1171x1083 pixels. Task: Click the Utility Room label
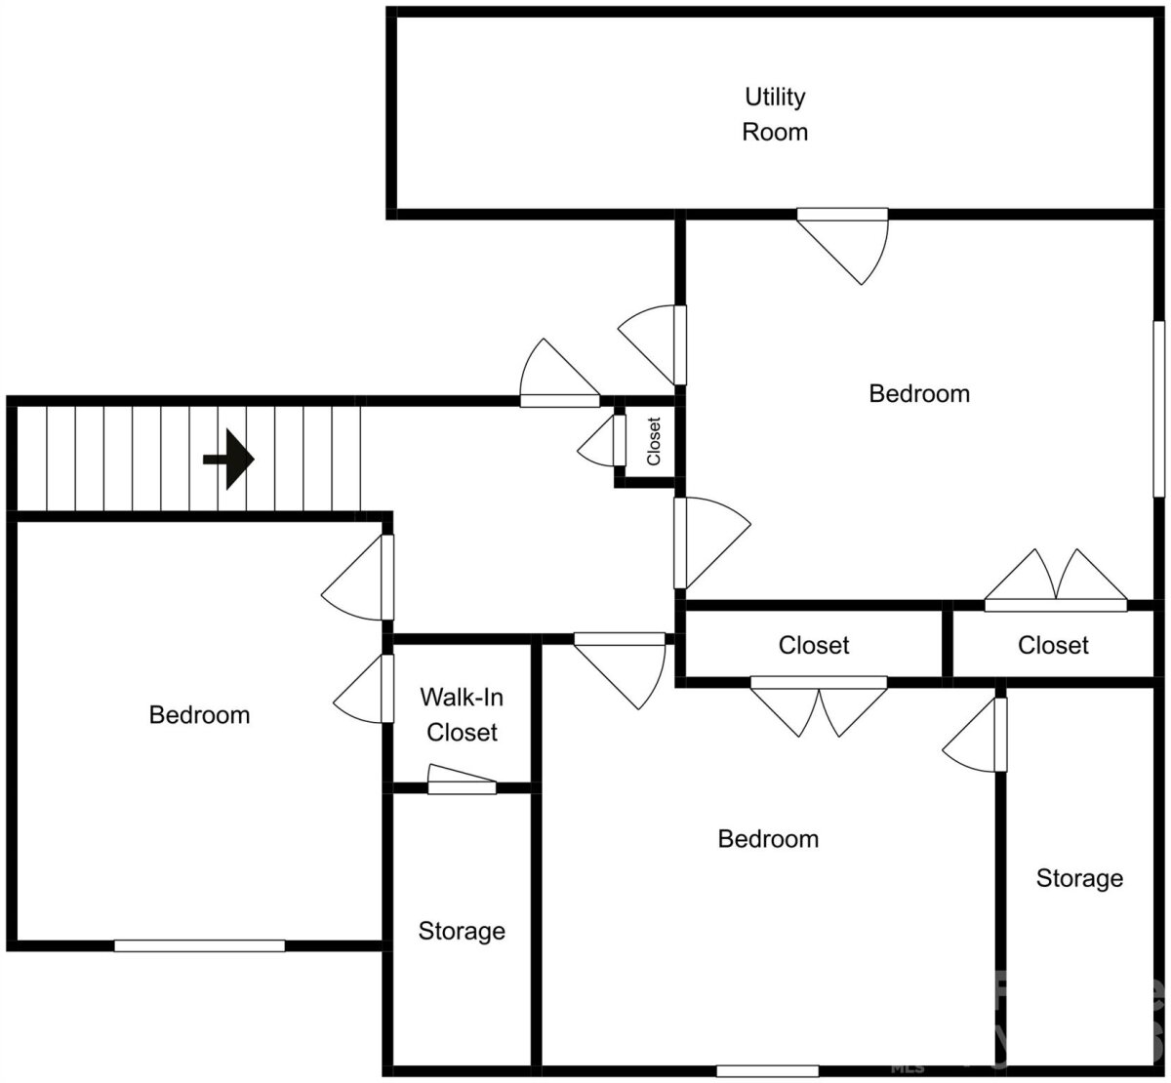pyautogui.click(x=775, y=114)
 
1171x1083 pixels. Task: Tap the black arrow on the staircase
pyautogui.click(x=228, y=460)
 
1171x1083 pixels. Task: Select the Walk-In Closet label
pyautogui.click(x=462, y=714)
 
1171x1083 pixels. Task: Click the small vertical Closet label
pyautogui.click(x=653, y=442)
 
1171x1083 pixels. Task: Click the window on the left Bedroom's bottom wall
pyautogui.click(x=199, y=945)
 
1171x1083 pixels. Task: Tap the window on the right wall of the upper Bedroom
pyautogui.click(x=1159, y=409)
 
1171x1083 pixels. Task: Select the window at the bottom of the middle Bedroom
pyautogui.click(x=768, y=1070)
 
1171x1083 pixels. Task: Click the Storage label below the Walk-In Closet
pyautogui.click(x=462, y=931)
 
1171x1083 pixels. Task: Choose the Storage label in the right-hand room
pyautogui.click(x=1079, y=878)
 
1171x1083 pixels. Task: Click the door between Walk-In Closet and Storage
pyautogui.click(x=462, y=780)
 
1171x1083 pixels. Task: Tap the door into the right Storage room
pyautogui.click(x=975, y=735)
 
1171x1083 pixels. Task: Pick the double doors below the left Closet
pyautogui.click(x=819, y=706)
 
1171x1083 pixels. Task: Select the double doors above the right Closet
pyautogui.click(x=1056, y=581)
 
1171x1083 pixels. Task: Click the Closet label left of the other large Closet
pyautogui.click(x=814, y=645)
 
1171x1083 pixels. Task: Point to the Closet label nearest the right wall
pyautogui.click(x=1053, y=645)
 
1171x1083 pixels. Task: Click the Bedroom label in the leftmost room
pyautogui.click(x=199, y=715)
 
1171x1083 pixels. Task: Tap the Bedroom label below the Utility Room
pyautogui.click(x=919, y=394)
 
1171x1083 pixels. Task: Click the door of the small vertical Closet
pyautogui.click(x=601, y=440)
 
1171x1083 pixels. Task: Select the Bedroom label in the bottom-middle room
pyautogui.click(x=768, y=839)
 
